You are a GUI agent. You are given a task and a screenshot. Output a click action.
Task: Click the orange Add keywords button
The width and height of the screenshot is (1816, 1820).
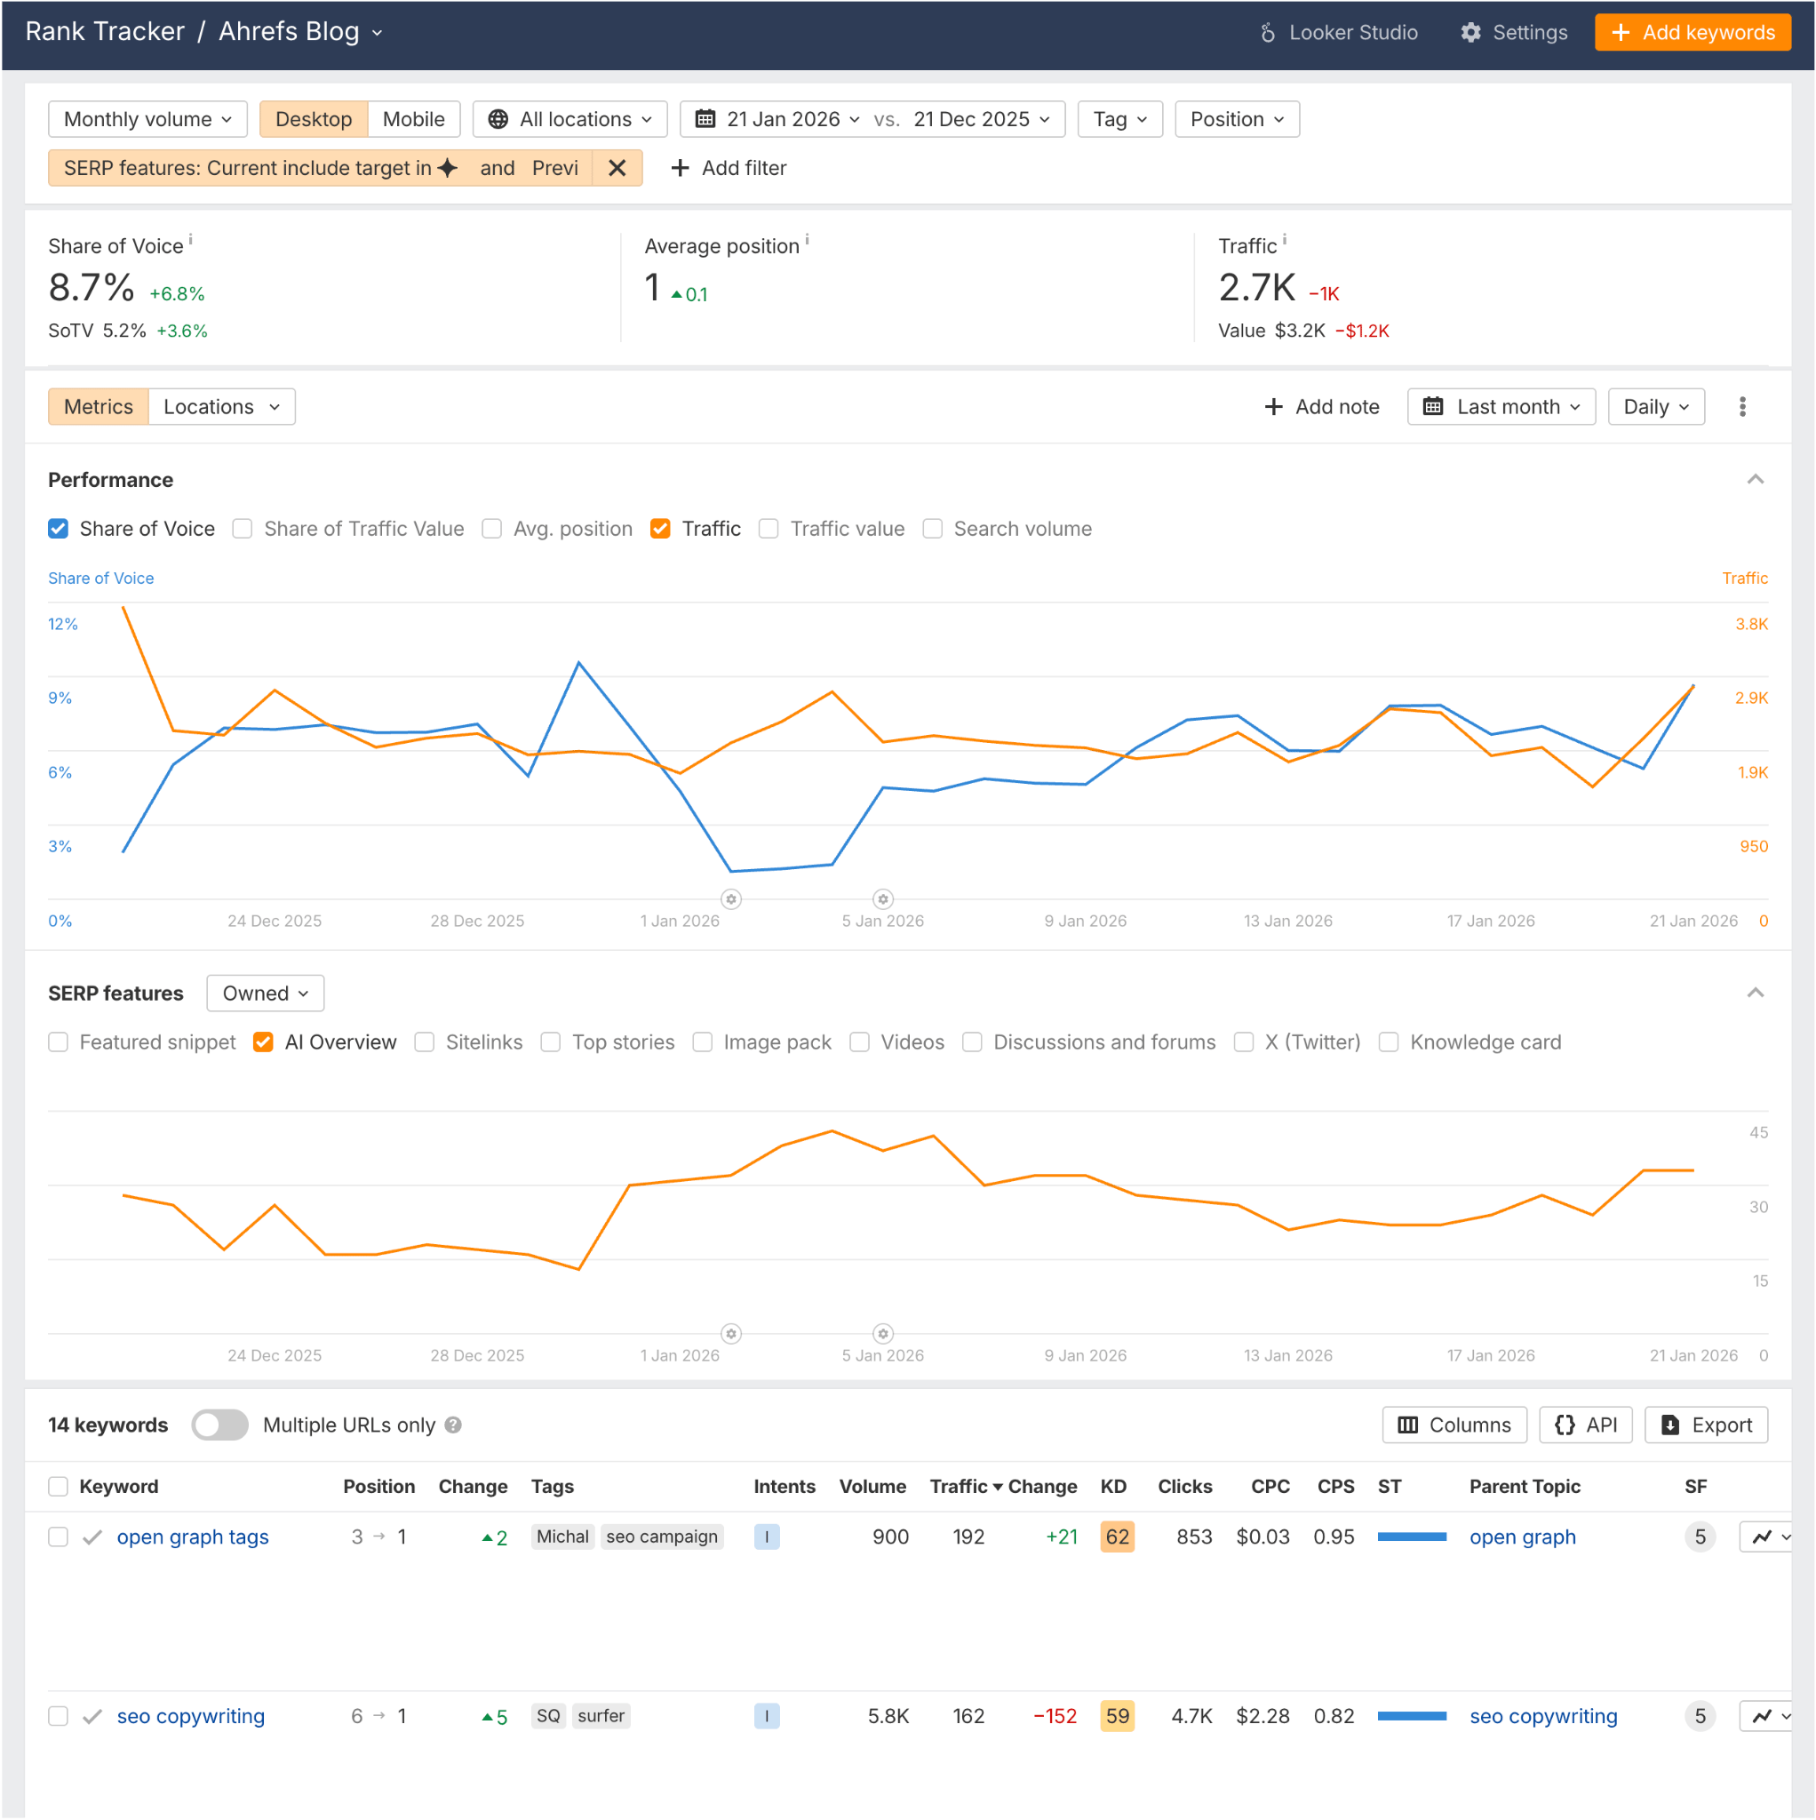1692,33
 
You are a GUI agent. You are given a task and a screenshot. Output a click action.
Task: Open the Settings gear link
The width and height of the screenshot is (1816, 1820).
1514,33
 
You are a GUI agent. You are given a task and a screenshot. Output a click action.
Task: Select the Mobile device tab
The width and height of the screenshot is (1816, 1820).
412,120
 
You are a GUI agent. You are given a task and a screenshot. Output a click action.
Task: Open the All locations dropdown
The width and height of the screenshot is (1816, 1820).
569,120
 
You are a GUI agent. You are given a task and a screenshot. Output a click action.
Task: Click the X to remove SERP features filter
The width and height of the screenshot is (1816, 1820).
617,169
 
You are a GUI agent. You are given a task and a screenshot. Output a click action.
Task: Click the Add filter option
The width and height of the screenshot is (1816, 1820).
729,169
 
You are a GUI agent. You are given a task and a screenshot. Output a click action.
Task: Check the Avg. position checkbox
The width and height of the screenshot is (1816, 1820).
491,530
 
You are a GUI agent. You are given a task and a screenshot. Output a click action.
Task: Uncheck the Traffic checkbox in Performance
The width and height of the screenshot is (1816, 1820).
660,530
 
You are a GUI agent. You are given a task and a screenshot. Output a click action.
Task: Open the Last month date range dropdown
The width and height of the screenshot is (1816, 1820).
1501,407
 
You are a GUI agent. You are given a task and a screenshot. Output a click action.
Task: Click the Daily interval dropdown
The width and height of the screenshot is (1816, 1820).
1655,407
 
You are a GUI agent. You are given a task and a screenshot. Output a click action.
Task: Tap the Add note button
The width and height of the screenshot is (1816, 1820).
1321,407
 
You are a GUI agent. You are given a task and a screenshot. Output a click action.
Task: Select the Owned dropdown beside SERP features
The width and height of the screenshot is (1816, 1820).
265,994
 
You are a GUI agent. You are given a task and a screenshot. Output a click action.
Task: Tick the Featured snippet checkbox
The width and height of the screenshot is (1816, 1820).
59,1042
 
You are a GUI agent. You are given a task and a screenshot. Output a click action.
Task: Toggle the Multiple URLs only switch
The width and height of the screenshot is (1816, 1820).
219,1425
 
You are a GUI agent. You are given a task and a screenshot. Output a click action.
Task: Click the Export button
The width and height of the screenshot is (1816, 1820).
1705,1425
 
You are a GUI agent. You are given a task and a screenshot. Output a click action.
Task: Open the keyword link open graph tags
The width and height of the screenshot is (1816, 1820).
192,1537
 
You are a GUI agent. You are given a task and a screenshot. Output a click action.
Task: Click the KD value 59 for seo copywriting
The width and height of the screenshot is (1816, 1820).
1116,1716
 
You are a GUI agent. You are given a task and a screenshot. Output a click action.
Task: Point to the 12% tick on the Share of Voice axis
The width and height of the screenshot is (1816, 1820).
63,625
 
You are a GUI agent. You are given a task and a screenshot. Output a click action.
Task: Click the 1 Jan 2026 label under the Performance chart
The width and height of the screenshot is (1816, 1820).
679,922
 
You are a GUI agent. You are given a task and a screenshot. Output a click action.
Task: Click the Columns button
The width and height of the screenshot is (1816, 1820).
1454,1425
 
